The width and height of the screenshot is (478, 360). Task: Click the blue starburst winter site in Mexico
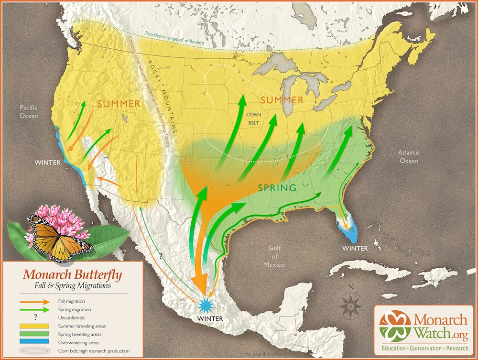[x=206, y=304]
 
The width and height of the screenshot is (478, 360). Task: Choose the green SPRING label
[x=277, y=188]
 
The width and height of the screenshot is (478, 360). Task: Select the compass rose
[x=351, y=303]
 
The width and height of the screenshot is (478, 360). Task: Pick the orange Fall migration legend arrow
[x=34, y=302]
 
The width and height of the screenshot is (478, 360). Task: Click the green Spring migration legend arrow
[x=34, y=310]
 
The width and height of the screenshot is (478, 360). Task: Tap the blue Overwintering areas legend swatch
[x=34, y=343]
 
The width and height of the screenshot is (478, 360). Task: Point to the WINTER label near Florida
[x=355, y=248]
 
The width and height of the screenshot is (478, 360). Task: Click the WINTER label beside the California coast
[x=48, y=163]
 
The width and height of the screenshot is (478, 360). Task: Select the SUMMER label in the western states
[x=119, y=104]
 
